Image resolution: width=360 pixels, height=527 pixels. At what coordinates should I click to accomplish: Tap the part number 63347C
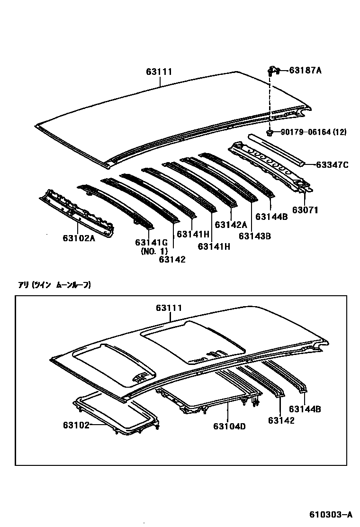[332, 164]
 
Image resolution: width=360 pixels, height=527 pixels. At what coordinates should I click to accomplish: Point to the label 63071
[306, 209]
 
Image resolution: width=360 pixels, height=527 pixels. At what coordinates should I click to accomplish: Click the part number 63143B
[254, 236]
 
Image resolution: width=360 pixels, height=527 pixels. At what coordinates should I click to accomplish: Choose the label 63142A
[231, 225]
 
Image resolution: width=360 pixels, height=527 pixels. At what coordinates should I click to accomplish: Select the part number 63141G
[152, 242]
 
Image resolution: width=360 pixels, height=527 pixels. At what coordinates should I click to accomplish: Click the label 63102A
[79, 238]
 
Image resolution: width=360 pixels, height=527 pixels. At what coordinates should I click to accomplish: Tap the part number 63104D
[230, 426]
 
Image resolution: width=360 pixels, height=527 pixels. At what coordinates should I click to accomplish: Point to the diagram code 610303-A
[332, 514]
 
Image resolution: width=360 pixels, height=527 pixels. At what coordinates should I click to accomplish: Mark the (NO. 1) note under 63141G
[154, 251]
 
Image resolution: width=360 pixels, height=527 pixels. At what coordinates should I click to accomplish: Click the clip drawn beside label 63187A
[271, 72]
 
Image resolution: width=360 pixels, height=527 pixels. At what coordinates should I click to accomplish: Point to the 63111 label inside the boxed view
[169, 308]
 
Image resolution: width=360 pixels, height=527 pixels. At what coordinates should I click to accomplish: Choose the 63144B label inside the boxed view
[305, 409]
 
